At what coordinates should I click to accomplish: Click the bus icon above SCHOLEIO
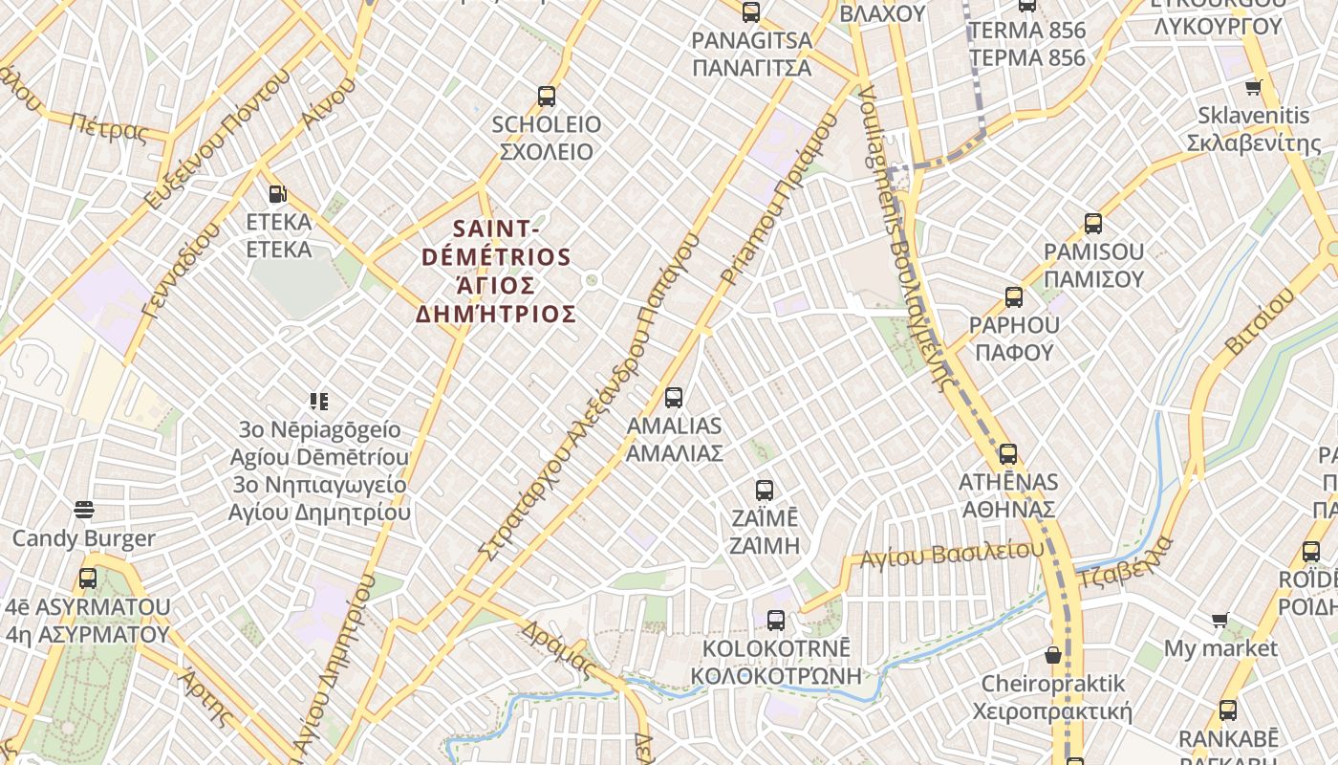tap(547, 96)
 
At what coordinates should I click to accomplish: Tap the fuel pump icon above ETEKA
tap(277, 194)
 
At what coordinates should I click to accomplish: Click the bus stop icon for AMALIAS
tap(674, 397)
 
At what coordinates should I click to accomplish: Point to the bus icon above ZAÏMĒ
tap(765, 491)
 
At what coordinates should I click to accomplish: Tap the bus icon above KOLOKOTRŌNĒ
tap(776, 620)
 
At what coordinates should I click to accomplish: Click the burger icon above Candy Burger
tap(84, 510)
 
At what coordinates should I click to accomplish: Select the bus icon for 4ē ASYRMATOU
tap(88, 578)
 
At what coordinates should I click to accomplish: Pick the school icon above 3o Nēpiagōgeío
tap(319, 401)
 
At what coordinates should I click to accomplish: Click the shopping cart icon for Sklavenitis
tap(1253, 88)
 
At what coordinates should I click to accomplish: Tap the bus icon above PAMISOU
tap(1093, 224)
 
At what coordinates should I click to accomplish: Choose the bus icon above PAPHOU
tap(1014, 296)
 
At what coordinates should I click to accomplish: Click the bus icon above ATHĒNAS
tap(1007, 453)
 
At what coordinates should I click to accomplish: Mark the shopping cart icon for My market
tap(1219, 621)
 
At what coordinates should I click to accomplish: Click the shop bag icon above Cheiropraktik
tap(1052, 655)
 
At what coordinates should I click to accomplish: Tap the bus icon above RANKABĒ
tap(1228, 710)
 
